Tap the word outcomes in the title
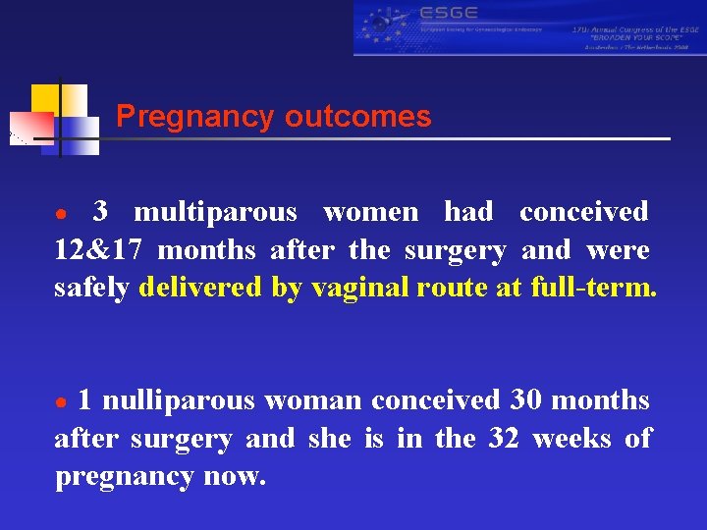click(358, 117)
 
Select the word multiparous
click(215, 212)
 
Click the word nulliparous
click(179, 400)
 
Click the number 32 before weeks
click(504, 439)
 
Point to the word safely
click(92, 288)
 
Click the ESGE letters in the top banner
click(448, 13)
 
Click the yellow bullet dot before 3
click(61, 215)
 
